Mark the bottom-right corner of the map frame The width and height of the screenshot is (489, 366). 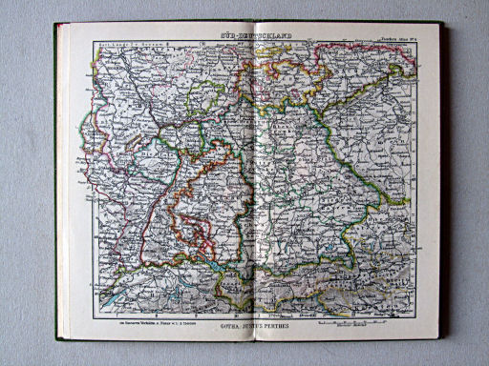[421, 319]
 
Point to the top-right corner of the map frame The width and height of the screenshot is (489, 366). [421, 40]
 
